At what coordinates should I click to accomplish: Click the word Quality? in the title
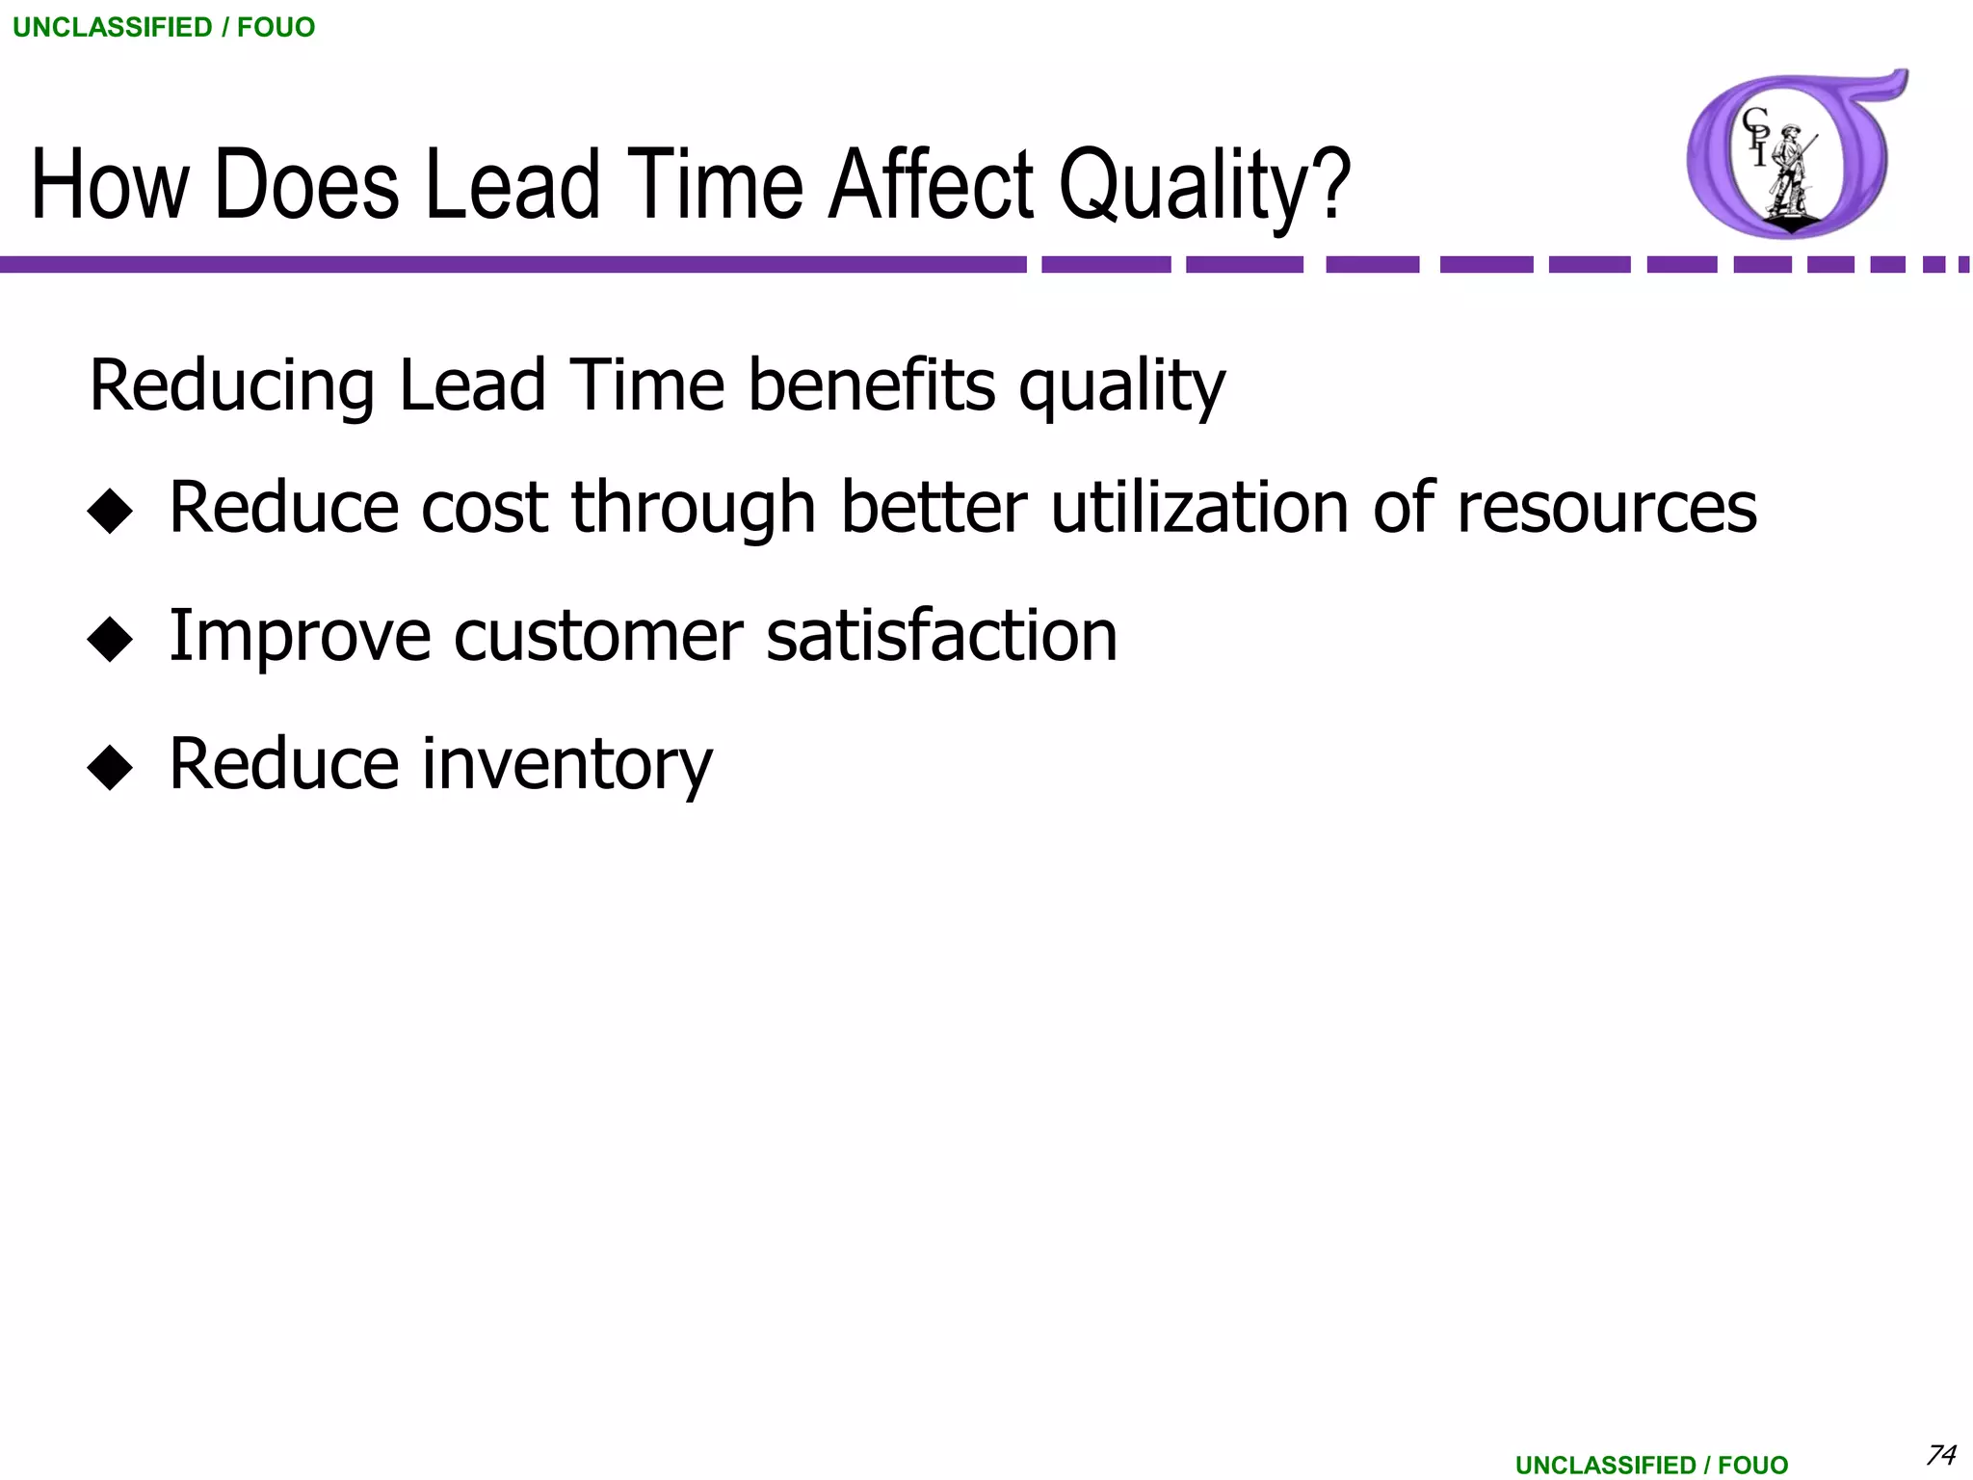point(1204,185)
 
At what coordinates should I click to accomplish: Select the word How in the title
point(110,185)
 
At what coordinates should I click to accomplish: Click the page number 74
point(1940,1453)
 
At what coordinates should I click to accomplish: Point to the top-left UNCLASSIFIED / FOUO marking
point(164,27)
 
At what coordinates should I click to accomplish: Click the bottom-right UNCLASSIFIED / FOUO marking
point(1651,1465)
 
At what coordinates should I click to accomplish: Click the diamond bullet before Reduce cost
point(110,511)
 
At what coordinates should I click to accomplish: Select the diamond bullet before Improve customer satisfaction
point(110,639)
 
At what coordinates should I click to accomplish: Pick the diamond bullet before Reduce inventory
point(110,767)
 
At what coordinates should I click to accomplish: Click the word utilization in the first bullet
point(1199,507)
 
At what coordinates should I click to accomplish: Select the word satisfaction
point(941,636)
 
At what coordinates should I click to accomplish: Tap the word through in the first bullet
point(694,509)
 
